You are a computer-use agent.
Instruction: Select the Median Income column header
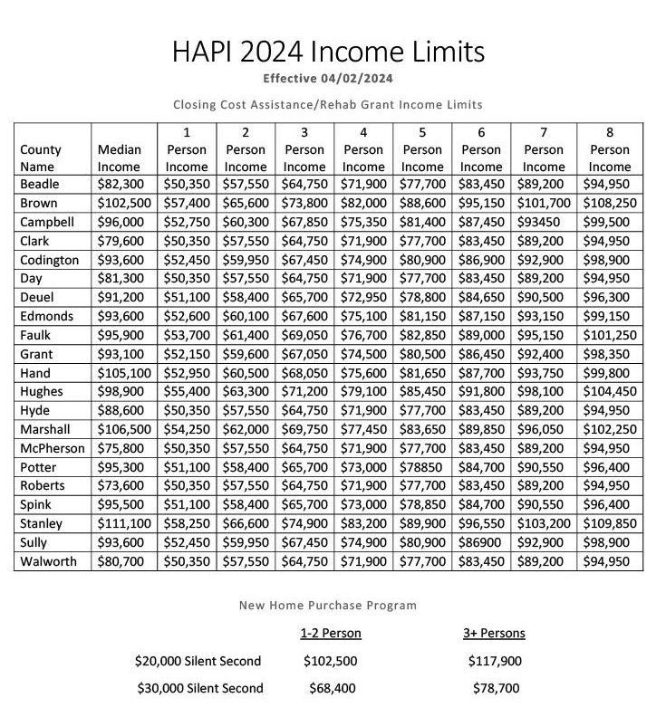(x=118, y=158)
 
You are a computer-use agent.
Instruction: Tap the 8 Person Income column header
(x=609, y=149)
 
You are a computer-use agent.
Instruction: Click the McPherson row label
(x=52, y=448)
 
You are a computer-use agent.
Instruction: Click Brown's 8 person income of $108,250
(x=609, y=204)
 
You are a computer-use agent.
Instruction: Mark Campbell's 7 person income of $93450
(x=544, y=223)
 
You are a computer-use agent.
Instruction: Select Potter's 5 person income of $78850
(x=422, y=467)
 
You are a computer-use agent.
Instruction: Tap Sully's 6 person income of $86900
(x=481, y=542)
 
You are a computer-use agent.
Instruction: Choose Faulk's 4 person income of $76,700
(x=363, y=335)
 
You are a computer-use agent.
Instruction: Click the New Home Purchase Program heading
(x=327, y=605)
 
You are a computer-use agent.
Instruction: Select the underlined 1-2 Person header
(x=330, y=633)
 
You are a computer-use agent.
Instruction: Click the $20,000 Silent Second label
(x=198, y=661)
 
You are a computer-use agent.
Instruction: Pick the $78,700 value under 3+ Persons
(x=496, y=688)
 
